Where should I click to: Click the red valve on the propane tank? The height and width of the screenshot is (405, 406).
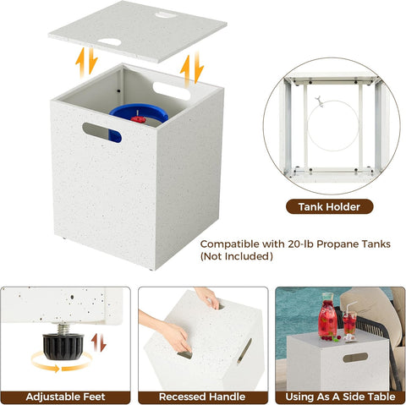pos(138,118)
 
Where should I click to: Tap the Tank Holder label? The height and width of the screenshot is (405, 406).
pos(329,206)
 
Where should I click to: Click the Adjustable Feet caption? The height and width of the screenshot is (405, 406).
pos(65,397)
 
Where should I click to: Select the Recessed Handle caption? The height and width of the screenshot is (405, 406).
pos(202,397)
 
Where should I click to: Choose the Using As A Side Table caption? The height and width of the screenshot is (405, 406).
pos(340,397)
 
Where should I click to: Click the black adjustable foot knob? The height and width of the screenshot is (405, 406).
pos(63,347)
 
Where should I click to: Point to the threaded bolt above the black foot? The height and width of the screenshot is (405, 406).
pos(63,329)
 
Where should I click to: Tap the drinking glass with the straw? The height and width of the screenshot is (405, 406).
pos(349,324)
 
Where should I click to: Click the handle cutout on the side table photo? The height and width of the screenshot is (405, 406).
pos(355,358)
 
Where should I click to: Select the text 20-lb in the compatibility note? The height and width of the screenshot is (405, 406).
pos(300,244)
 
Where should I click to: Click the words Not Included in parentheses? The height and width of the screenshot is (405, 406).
pos(237,256)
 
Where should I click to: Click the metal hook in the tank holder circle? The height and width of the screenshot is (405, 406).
pos(320,101)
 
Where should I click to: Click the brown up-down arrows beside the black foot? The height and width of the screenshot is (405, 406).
pos(98,342)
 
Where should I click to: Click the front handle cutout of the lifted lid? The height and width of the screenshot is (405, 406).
pos(110,42)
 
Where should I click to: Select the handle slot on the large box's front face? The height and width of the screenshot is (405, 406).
pos(101,133)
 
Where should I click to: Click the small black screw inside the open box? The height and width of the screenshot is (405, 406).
pos(118,91)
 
